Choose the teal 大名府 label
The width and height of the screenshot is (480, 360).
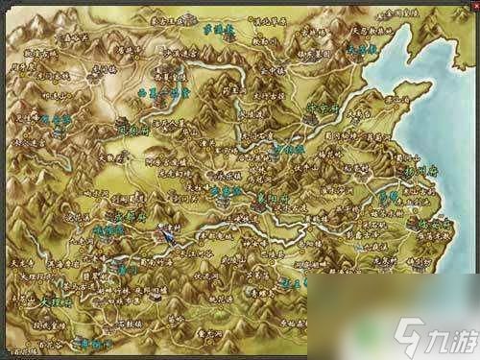tap(362, 46)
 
